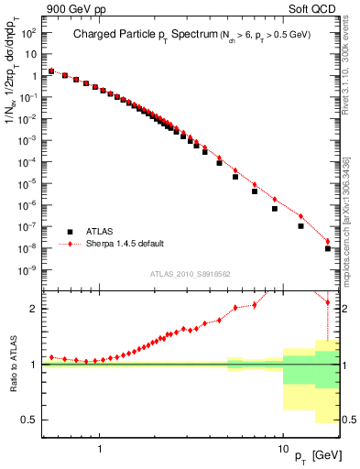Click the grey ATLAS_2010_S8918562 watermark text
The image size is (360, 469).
point(191,273)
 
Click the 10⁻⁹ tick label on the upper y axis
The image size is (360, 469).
point(30,270)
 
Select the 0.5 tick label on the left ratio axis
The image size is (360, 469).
point(30,420)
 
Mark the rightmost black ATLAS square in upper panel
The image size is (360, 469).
point(328,248)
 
